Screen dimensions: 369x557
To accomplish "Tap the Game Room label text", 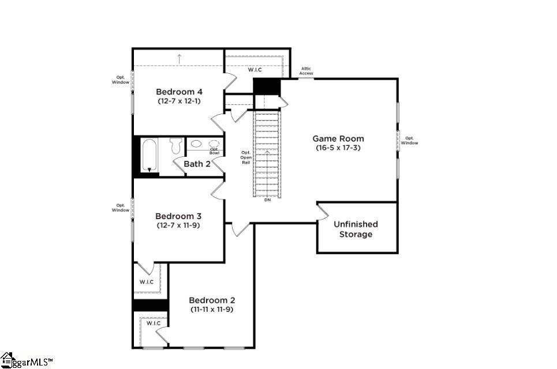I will tap(338, 138).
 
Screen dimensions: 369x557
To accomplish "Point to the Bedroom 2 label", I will tap(212, 300).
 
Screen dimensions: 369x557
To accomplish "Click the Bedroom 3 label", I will tap(178, 216).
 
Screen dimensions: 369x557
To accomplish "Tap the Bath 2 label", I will tap(197, 164).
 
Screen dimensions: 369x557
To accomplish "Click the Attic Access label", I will tap(306, 71).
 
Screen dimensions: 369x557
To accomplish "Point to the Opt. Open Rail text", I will tap(245, 157).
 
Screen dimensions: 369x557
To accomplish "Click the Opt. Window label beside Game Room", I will tap(410, 140).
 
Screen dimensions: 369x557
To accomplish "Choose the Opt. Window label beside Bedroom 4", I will tap(121, 80).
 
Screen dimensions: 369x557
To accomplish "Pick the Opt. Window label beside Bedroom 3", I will tap(121, 208).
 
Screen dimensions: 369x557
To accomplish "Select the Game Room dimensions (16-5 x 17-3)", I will tap(338, 148).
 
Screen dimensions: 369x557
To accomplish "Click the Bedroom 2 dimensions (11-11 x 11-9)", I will tap(212, 310).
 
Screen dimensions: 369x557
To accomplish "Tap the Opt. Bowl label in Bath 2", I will tap(214, 151).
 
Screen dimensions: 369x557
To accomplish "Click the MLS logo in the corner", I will tap(26, 361).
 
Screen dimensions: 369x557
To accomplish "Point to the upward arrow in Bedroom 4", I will tap(180, 58).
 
